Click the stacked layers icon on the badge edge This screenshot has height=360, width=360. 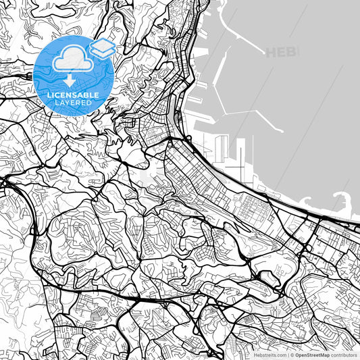[103, 48]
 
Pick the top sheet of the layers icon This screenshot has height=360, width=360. [103, 44]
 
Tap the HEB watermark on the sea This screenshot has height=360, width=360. [282, 52]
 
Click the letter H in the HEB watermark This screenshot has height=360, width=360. [272, 52]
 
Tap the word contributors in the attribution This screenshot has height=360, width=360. [344, 354]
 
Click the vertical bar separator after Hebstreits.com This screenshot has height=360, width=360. [288, 354]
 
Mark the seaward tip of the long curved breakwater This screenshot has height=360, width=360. [262, 55]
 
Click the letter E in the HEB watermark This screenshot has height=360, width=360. [282, 52]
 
